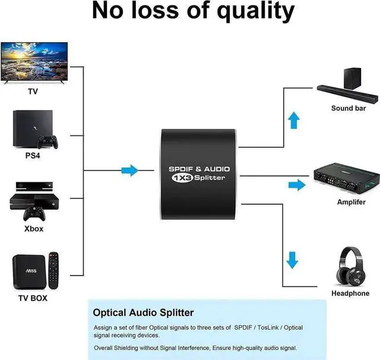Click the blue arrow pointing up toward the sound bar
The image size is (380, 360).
click(293, 122)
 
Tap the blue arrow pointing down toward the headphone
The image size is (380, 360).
click(292, 260)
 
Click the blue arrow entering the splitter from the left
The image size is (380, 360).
click(129, 171)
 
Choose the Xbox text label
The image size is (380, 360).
click(33, 229)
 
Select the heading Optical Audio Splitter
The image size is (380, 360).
click(143, 312)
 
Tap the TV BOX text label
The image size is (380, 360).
click(33, 298)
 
